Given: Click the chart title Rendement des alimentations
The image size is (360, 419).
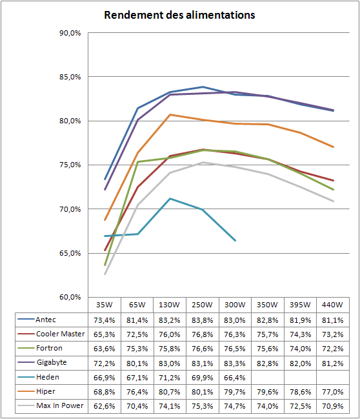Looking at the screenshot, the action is tap(179, 15).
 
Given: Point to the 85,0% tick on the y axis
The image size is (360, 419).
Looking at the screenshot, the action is tap(70, 77).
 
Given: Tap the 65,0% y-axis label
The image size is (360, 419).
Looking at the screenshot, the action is tap(70, 253).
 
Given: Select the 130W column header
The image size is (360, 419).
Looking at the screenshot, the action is tap(169, 305).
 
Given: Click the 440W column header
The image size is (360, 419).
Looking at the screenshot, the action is tap(332, 305).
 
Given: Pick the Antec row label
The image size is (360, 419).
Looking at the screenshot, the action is tap(46, 320).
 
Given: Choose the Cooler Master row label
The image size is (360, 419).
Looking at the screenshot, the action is tap(61, 334).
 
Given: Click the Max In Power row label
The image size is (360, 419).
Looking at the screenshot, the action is tap(60, 405).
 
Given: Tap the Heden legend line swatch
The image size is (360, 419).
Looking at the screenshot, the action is tap(26, 377).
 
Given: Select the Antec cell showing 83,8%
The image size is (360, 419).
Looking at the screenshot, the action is tap(202, 320).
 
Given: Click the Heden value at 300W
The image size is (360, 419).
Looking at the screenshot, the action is tap(235, 378).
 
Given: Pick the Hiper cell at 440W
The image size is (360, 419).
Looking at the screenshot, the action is tap(332, 392).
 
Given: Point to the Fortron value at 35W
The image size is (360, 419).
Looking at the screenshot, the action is tap(104, 349).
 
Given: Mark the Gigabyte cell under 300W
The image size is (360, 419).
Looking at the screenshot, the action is tap(235, 363).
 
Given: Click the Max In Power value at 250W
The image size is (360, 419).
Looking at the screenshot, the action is tap(202, 406).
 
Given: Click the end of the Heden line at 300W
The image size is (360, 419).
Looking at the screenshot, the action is tap(235, 241).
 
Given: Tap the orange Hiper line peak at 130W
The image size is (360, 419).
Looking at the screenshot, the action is tap(170, 115).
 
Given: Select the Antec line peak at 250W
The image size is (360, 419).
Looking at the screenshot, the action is tap(203, 87).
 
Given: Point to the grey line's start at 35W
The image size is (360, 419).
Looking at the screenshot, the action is tap(105, 274).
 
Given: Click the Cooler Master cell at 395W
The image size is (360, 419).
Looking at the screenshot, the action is tap(300, 334).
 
